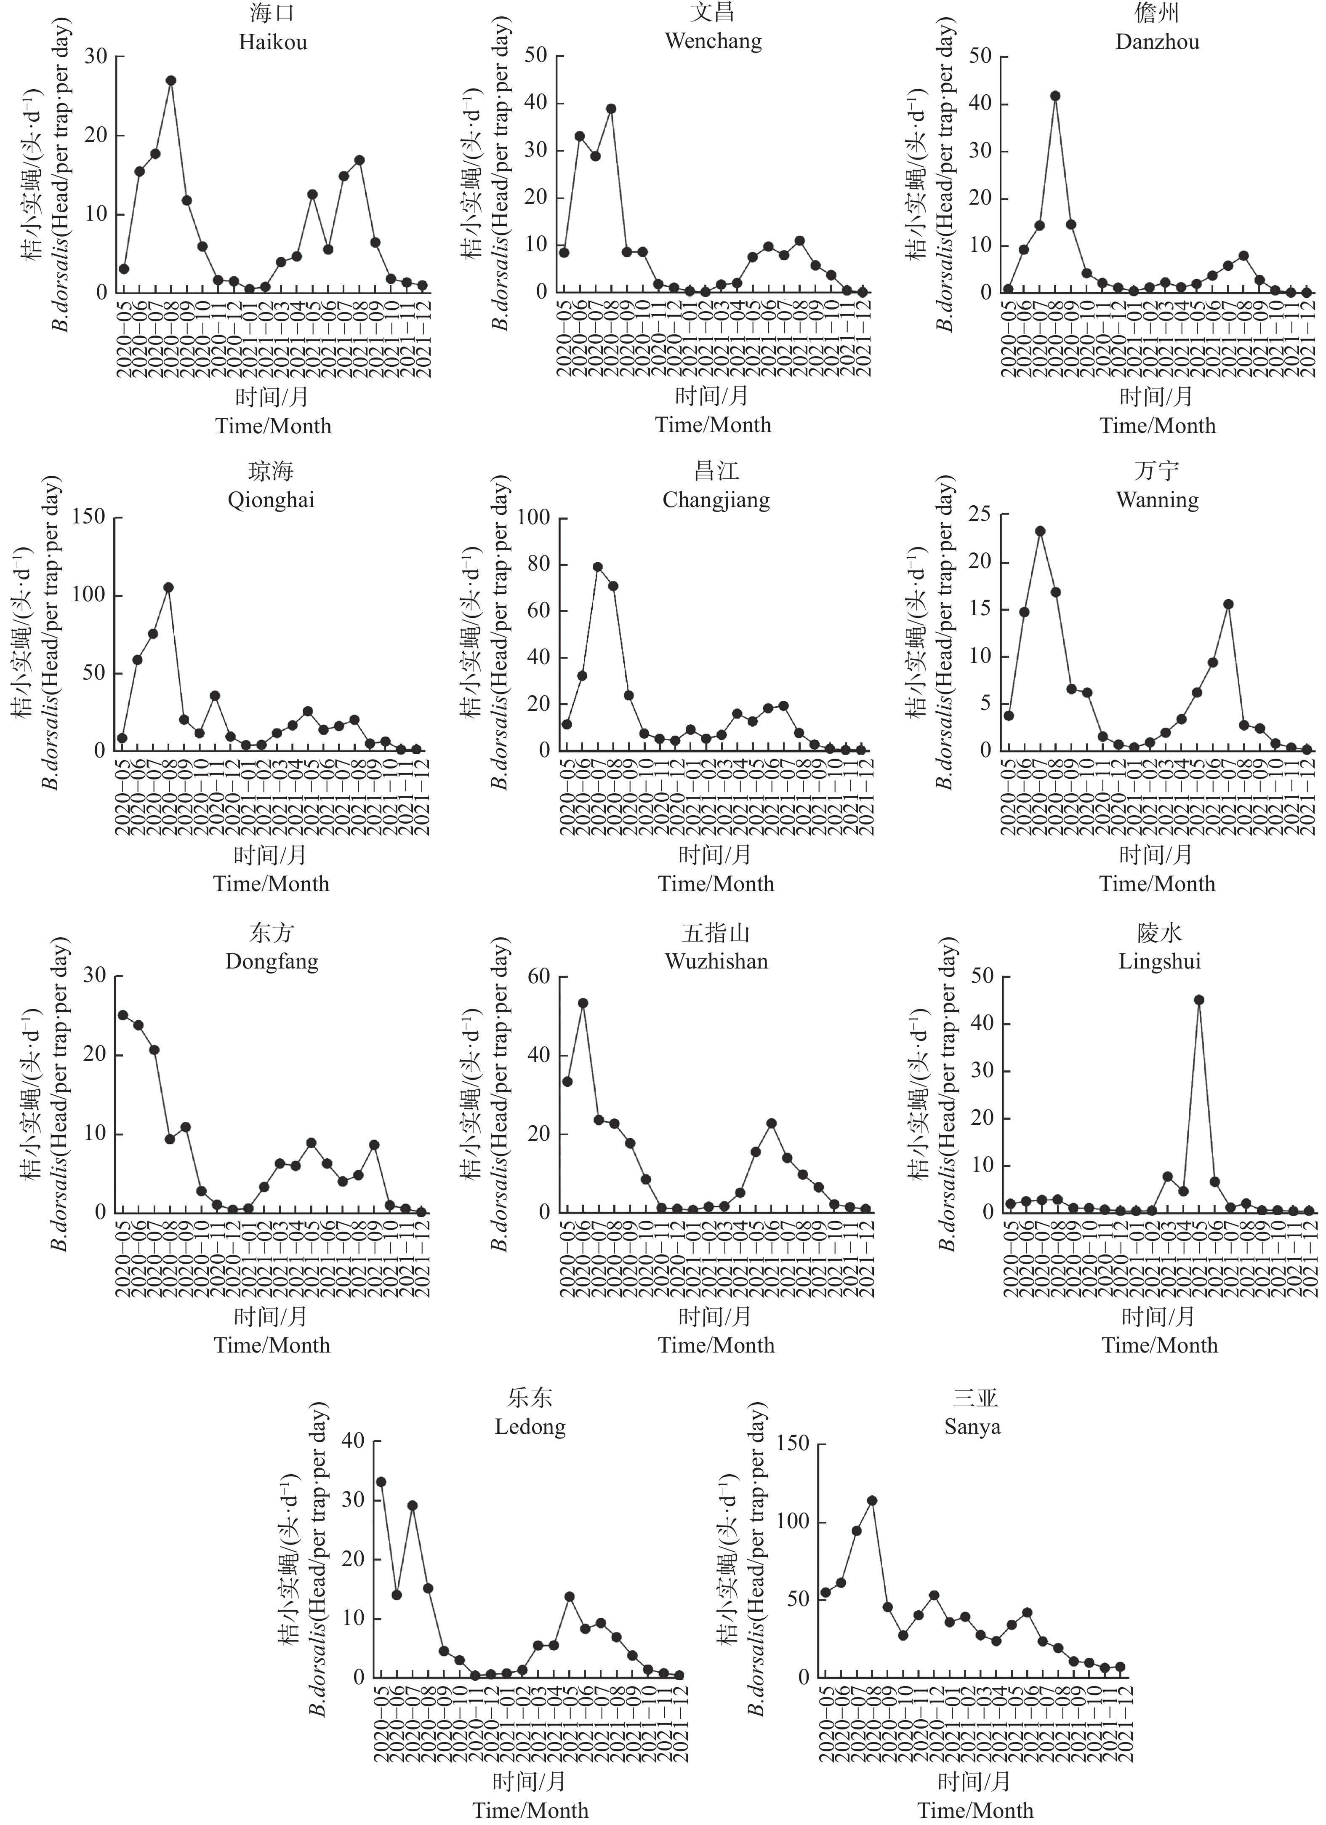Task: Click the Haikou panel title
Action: point(273,42)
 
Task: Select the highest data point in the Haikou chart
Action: point(170,80)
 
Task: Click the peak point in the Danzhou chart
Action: point(1055,96)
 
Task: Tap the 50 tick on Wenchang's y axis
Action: point(536,56)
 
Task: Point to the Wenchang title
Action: point(714,41)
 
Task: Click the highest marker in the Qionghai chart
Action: point(168,587)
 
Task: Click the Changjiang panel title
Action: point(716,500)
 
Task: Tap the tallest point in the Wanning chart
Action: point(1040,531)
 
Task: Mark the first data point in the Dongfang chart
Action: point(123,1015)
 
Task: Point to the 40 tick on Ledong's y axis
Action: point(354,1441)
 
